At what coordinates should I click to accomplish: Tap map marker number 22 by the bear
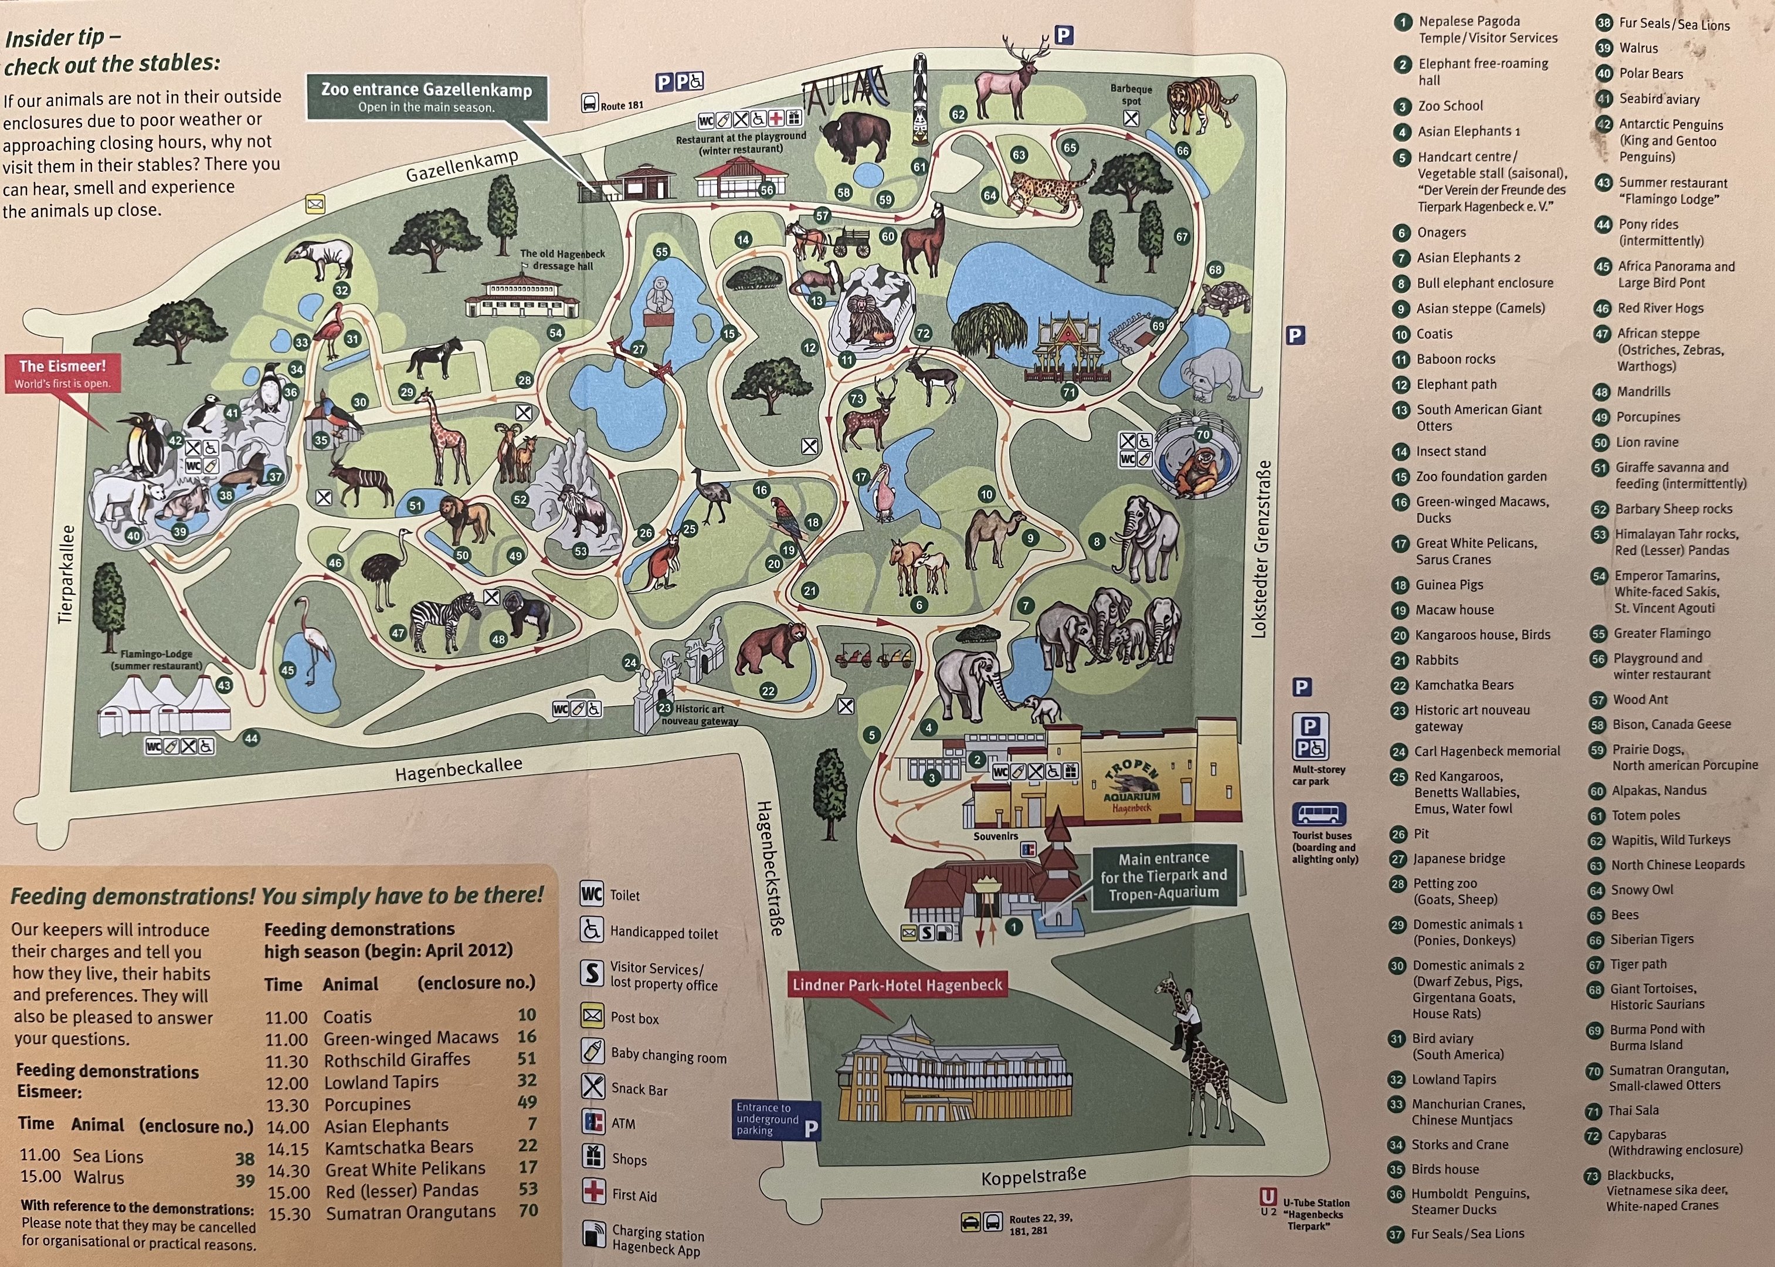[768, 690]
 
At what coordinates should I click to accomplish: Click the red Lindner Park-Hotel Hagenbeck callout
[897, 985]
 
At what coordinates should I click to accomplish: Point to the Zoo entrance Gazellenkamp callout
[426, 97]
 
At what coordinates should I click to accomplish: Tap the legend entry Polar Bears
[1651, 73]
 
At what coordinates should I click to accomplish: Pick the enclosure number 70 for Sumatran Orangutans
[528, 1210]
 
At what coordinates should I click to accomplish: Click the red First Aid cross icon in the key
[593, 1191]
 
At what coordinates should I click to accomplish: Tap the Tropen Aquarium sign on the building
[1132, 787]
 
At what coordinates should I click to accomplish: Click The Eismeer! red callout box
[62, 373]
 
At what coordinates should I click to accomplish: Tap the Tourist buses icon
[1319, 815]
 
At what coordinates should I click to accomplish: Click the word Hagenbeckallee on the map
[458, 768]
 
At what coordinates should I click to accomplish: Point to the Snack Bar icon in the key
[593, 1086]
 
